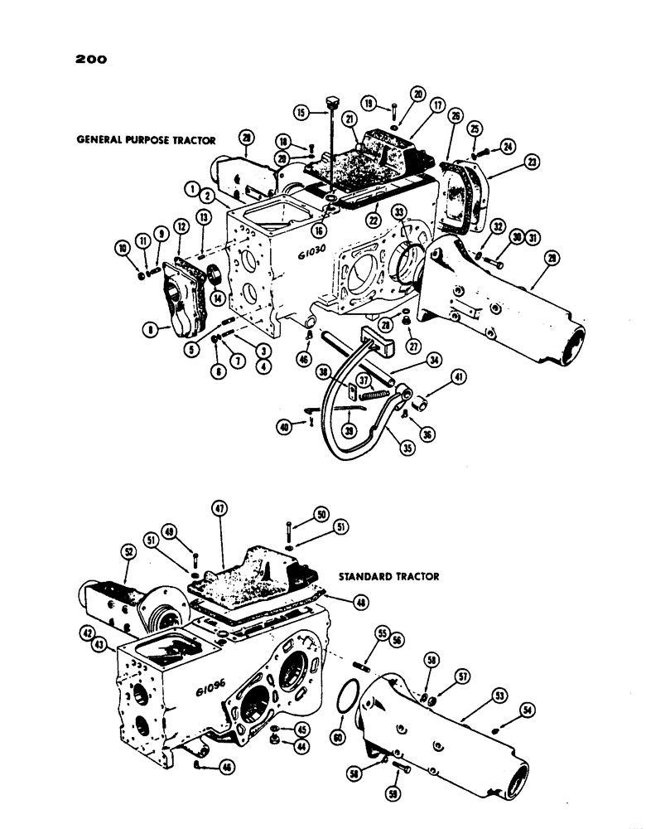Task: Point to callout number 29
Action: pyautogui.click(x=553, y=259)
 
